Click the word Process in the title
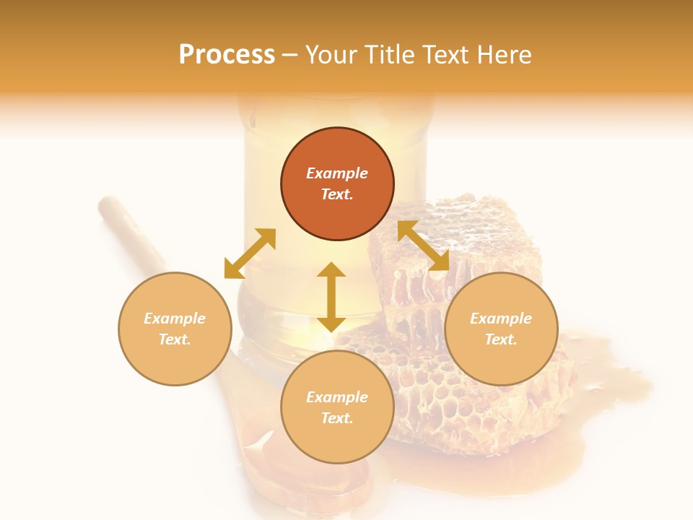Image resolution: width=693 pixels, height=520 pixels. (x=227, y=55)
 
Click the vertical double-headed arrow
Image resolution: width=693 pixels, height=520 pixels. (x=331, y=297)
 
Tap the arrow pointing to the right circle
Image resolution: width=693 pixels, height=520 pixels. (x=424, y=246)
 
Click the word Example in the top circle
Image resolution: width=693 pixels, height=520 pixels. (x=337, y=173)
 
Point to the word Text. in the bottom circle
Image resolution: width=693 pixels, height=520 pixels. (x=337, y=418)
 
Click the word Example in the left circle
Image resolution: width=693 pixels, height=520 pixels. (x=175, y=318)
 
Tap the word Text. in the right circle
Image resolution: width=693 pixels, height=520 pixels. (x=501, y=339)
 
